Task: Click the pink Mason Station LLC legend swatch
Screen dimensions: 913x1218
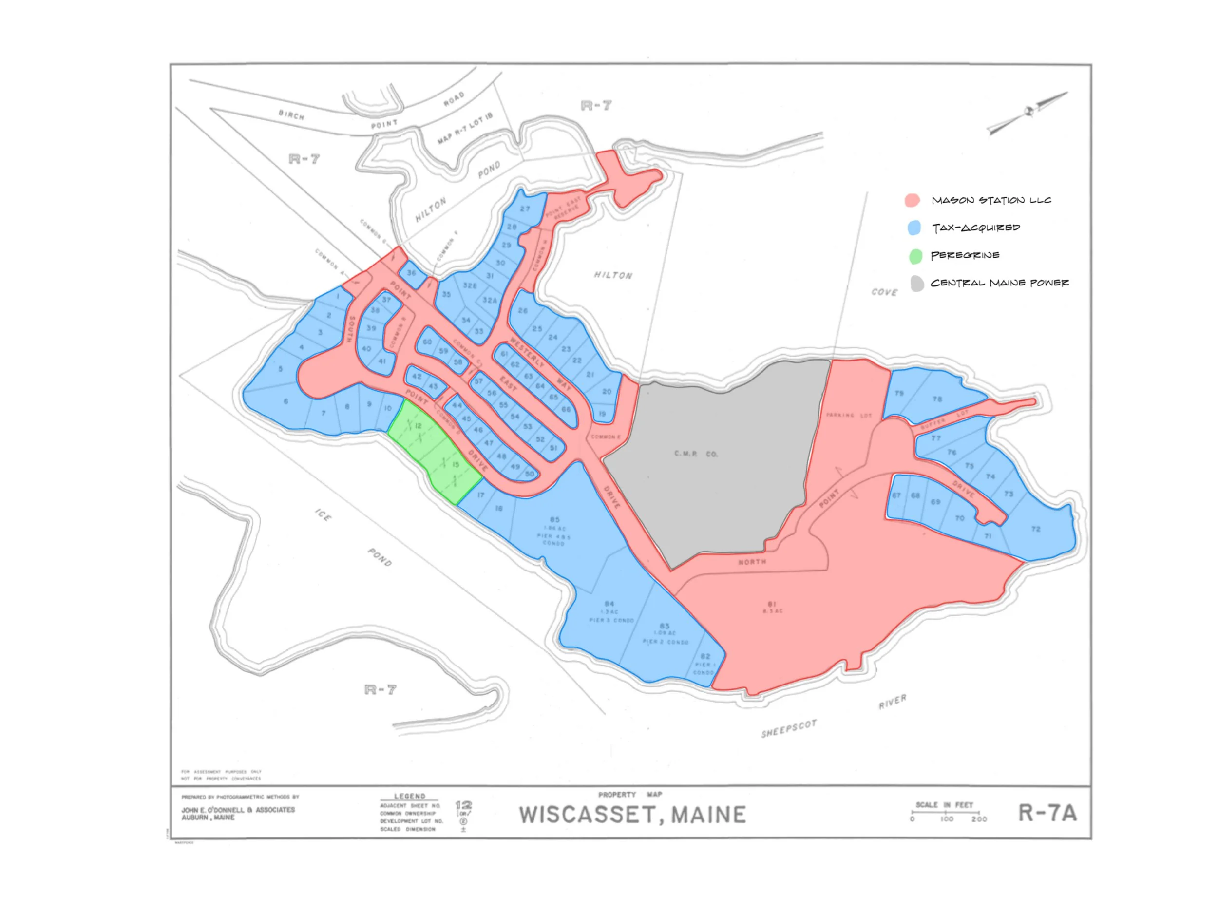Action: point(912,200)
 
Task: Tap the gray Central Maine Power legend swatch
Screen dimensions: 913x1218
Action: point(917,284)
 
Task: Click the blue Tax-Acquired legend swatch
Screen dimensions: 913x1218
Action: point(914,228)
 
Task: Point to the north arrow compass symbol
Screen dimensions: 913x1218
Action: point(1028,113)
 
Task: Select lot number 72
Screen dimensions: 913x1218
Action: point(1036,529)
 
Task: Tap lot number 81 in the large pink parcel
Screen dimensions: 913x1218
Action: point(772,604)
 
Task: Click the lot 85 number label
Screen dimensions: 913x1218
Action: point(554,519)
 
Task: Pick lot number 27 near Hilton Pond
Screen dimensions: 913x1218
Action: point(525,209)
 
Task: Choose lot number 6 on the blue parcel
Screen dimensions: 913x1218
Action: point(286,401)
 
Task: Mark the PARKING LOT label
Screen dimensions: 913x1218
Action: point(849,415)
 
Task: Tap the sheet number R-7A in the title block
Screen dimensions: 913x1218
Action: point(1047,813)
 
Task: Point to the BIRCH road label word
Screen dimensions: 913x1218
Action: point(291,115)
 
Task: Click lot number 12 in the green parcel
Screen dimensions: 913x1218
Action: point(418,426)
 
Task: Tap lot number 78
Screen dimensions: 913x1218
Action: point(937,399)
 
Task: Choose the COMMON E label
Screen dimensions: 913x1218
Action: point(606,437)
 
